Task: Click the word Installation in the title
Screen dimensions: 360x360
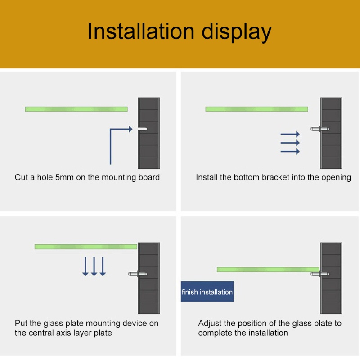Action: [x=141, y=31]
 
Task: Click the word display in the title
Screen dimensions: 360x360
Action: [x=237, y=32]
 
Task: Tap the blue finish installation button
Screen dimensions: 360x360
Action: [x=207, y=291]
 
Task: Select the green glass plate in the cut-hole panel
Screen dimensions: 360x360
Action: [x=76, y=109]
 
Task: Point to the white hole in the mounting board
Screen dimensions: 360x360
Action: [x=142, y=129]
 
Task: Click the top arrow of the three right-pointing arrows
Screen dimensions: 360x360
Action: [x=290, y=134]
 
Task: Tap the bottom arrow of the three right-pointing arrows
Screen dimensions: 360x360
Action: [x=290, y=152]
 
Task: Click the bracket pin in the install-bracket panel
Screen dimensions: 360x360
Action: [x=319, y=129]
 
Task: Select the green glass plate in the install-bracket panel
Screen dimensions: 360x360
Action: [x=256, y=109]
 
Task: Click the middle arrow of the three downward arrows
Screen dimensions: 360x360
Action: [x=94, y=266]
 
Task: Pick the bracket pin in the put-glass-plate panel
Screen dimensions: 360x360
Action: [x=138, y=274]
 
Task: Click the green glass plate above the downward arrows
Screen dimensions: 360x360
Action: [x=86, y=247]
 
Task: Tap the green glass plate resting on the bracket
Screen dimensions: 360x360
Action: [x=268, y=270]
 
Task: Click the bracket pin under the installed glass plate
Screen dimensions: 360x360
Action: [x=319, y=274]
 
